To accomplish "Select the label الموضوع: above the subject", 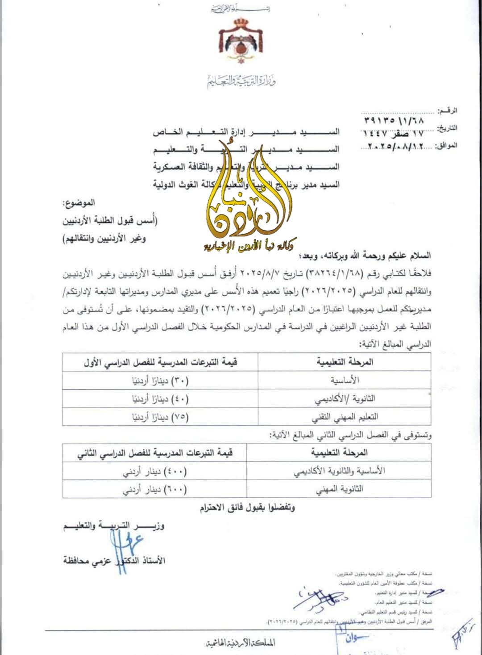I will (x=79, y=203).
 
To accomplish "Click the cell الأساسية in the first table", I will (x=345, y=380).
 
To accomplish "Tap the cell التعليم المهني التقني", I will (x=345, y=417).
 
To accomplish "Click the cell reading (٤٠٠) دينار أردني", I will (x=155, y=471).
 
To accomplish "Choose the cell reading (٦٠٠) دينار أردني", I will (x=155, y=489).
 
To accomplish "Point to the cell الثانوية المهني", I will (x=340, y=489).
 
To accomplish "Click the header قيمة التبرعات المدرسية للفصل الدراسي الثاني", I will (x=155, y=453).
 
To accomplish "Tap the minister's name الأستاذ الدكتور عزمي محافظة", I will (x=114, y=560).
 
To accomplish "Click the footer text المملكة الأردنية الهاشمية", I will (x=241, y=643).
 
